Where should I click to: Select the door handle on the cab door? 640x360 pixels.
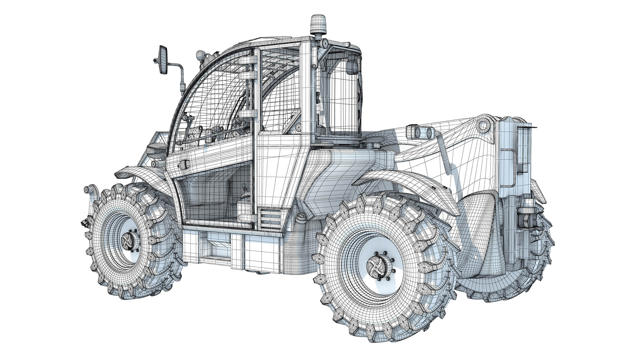pyautogui.click(x=183, y=164)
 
